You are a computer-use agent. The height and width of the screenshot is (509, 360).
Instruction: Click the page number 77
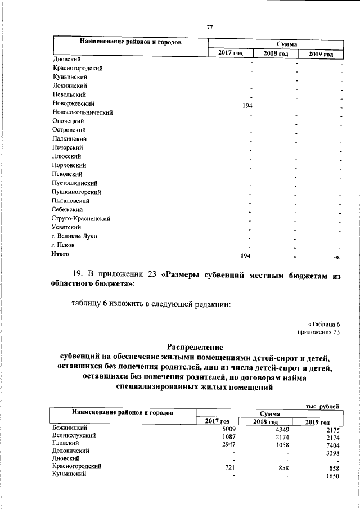[x=210, y=28]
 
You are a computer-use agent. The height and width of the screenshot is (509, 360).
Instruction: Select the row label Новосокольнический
[x=82, y=112]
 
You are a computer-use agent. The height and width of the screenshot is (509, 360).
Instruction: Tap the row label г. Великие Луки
[x=74, y=236]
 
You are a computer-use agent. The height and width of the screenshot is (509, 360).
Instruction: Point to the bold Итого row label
[x=60, y=255]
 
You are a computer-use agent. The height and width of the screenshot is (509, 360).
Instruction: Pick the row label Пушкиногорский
[x=76, y=192]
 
